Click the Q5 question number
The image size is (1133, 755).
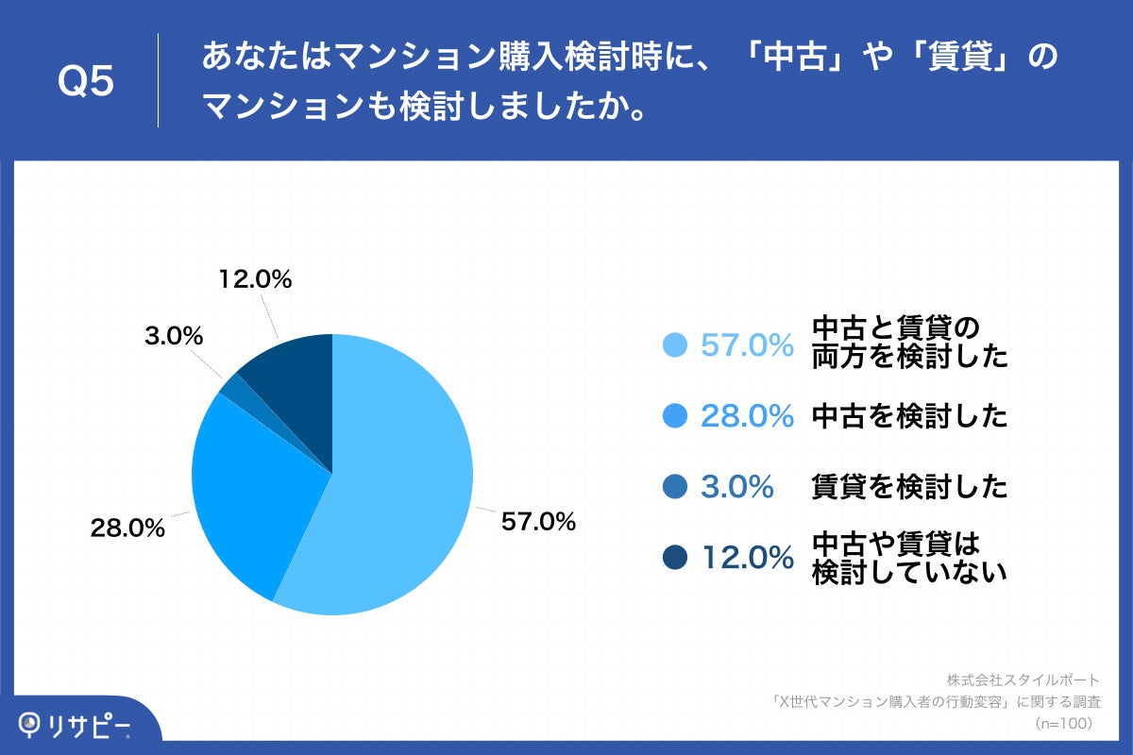(86, 82)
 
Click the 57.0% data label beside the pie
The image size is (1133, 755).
(538, 521)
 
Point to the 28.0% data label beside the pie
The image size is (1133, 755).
(127, 528)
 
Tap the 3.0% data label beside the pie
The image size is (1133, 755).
(175, 335)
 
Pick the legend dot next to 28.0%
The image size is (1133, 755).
(675, 416)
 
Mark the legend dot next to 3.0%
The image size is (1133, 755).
(675, 487)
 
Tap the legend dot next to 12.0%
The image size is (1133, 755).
(675, 558)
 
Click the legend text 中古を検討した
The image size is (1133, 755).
(909, 416)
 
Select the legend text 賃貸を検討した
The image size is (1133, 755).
(909, 487)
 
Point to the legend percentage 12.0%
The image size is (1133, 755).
(746, 558)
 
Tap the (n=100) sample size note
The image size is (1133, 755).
(1063, 723)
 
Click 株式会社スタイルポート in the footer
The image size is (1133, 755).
(1023, 679)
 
